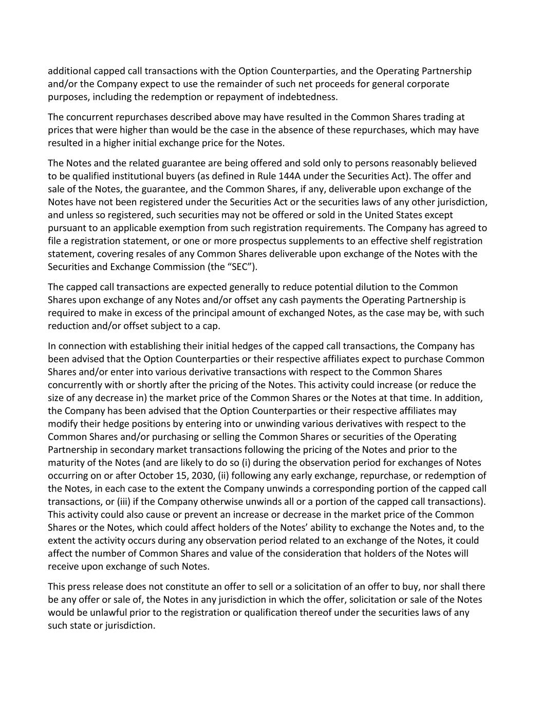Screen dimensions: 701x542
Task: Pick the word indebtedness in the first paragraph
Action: point(310,97)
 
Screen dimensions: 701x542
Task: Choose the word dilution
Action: point(390,287)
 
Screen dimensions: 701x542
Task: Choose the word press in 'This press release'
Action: point(80,586)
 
